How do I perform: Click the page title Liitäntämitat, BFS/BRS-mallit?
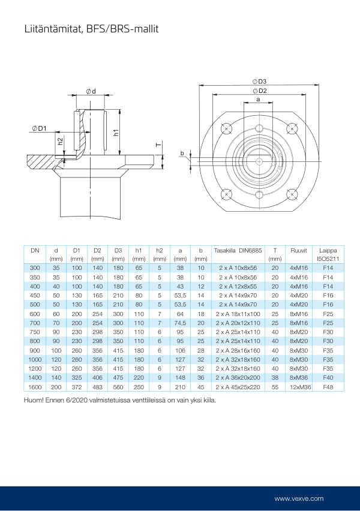(x=91, y=28)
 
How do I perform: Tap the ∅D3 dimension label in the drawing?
(x=259, y=82)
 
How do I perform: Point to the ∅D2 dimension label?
(x=259, y=91)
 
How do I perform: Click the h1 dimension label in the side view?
(x=116, y=133)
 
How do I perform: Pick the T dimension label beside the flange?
(x=157, y=145)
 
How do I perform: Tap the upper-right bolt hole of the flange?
(x=292, y=128)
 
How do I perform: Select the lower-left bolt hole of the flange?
(x=226, y=194)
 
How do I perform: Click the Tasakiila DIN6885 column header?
(x=238, y=250)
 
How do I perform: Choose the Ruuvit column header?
(x=299, y=250)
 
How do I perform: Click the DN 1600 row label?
(x=35, y=387)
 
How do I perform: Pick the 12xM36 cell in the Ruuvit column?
(x=299, y=387)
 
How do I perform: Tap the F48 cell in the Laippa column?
(x=328, y=387)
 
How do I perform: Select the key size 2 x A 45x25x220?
(x=238, y=387)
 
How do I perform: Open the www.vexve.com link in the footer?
(x=299, y=498)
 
